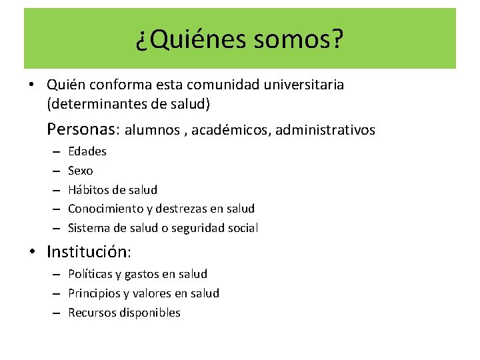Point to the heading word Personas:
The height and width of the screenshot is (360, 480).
(83, 129)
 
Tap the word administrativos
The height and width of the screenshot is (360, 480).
(325, 130)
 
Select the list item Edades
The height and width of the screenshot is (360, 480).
(87, 151)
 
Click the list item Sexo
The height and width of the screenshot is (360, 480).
(81, 171)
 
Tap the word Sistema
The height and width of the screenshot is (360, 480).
(88, 228)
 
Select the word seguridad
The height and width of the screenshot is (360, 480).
(199, 228)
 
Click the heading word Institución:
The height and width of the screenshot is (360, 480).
(89, 252)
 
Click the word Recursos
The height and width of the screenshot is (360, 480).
(93, 313)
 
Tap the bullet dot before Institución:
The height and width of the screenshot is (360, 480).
(32, 253)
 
